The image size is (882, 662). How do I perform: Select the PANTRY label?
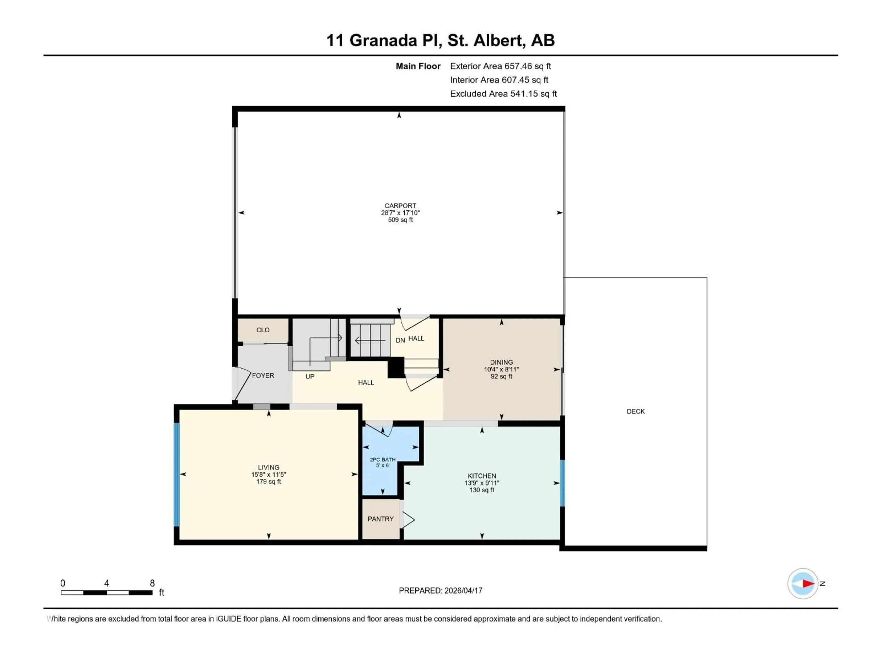pyautogui.click(x=380, y=519)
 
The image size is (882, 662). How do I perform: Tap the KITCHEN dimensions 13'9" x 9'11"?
pyautogui.click(x=482, y=483)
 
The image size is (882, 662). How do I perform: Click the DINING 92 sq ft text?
pyautogui.click(x=501, y=376)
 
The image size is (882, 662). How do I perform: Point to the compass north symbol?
pyautogui.click(x=803, y=583)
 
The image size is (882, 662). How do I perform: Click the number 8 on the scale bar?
pyautogui.click(x=152, y=583)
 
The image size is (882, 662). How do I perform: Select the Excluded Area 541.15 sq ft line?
pyautogui.click(x=503, y=94)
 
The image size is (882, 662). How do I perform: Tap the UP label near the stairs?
pyautogui.click(x=310, y=376)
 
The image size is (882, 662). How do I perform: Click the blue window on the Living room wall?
pyautogui.click(x=177, y=474)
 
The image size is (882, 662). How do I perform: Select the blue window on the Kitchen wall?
pyautogui.click(x=563, y=483)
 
